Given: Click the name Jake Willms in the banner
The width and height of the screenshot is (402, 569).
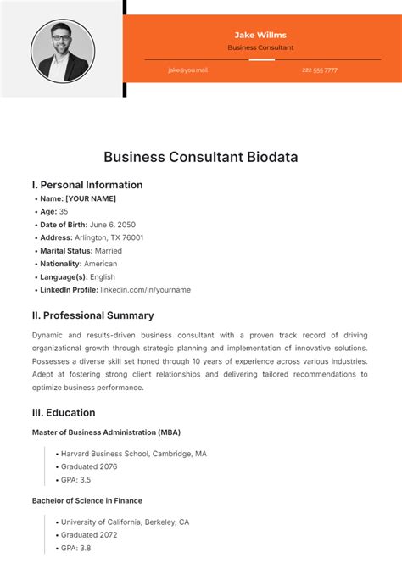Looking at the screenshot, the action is click(260, 35).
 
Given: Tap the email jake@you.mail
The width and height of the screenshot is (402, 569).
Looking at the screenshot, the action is click(187, 70).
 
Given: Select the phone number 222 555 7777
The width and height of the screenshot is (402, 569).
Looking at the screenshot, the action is click(319, 70).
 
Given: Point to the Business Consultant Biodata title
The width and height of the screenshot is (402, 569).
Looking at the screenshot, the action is click(201, 157).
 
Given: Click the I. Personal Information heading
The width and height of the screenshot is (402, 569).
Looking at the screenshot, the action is click(87, 185).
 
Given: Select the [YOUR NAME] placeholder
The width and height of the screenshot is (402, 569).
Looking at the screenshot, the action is click(91, 198).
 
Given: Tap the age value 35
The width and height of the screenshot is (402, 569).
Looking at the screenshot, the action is click(64, 211).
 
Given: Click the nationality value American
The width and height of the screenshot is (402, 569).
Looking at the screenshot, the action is click(100, 264).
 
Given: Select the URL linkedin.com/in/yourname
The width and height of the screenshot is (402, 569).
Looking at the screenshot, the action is click(145, 290).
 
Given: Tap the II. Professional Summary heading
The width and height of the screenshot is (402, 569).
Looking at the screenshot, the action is click(92, 315).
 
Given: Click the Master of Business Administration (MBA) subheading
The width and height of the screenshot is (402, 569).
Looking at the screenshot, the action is click(106, 432).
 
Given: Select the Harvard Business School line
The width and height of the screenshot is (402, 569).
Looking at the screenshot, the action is click(133, 454).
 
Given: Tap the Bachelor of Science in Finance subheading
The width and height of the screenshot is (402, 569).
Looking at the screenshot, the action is click(87, 500).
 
